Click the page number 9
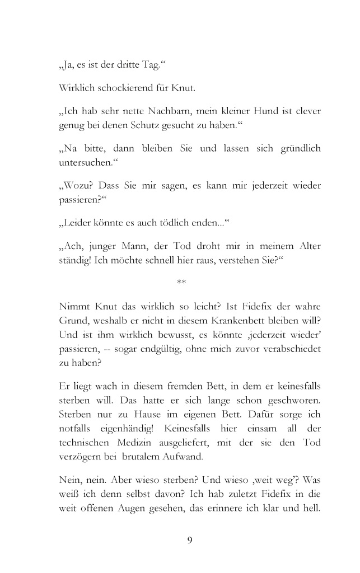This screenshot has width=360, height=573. (190, 541)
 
